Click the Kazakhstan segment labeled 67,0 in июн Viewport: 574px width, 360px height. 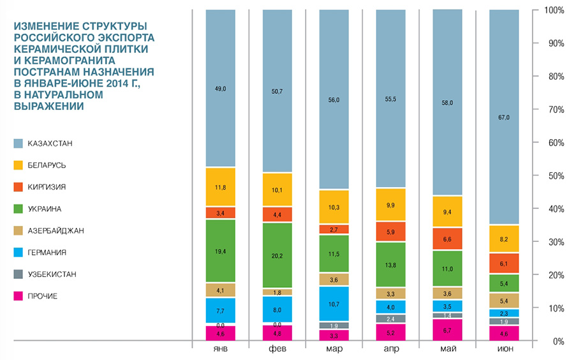click(504, 117)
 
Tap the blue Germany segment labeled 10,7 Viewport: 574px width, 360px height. click(334, 303)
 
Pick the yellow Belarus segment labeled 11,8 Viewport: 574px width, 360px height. click(220, 187)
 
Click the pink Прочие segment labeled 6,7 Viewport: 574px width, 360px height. click(446, 330)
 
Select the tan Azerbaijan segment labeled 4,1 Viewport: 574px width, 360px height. click(220, 290)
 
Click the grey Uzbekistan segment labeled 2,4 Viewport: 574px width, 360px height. click(390, 319)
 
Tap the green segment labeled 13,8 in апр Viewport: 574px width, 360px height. click(390, 264)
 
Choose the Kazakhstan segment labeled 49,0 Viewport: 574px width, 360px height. click(220, 89)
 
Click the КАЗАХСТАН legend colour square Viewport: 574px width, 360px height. click(18, 144)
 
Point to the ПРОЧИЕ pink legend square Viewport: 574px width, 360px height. click(18, 296)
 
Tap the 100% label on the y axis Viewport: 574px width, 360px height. click(554, 11)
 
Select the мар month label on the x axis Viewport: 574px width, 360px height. click(334, 350)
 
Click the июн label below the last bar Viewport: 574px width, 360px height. click(504, 350)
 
